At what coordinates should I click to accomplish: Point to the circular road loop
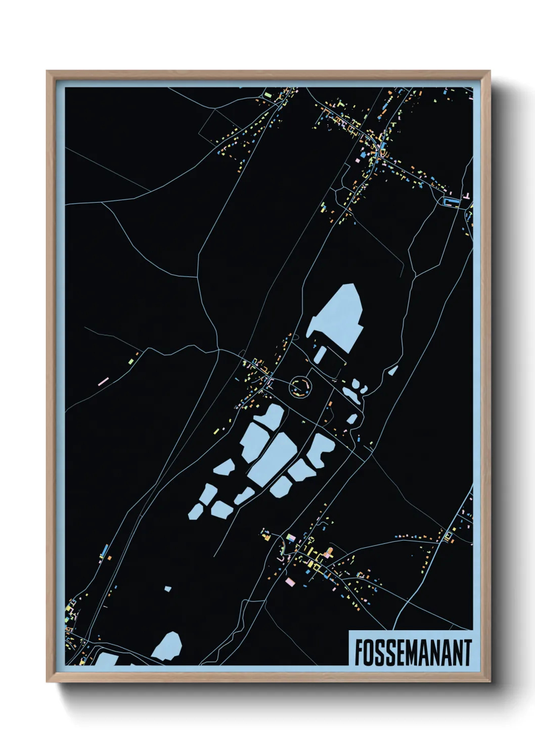point(301,387)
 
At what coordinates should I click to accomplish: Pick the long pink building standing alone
point(103,381)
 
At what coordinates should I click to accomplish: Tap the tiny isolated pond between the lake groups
point(168,589)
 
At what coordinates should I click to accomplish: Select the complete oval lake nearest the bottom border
point(168,646)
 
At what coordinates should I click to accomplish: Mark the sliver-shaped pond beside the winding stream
point(393,370)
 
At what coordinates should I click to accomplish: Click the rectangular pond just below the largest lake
point(320,353)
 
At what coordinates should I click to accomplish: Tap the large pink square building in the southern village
point(290,582)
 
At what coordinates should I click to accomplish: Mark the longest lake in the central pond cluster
point(274,458)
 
